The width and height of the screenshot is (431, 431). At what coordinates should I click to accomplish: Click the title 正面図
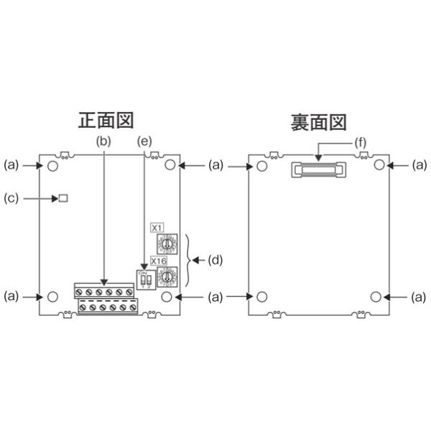[x=106, y=119]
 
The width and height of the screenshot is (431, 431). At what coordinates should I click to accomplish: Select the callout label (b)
[x=105, y=142]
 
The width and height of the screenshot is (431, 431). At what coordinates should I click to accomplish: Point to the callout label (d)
[x=213, y=261]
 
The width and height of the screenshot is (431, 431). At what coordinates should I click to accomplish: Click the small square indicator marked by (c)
[x=63, y=198]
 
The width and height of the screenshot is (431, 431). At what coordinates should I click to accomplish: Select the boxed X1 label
[x=158, y=228]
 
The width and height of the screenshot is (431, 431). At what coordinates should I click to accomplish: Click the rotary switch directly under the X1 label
[x=167, y=244]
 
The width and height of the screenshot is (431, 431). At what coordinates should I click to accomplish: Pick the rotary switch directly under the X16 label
[x=168, y=277]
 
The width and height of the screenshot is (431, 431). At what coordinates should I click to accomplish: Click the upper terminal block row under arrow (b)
[x=104, y=291]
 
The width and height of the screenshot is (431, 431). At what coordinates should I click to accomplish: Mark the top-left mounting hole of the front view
[x=53, y=165]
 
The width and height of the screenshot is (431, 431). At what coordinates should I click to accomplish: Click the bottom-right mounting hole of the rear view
[x=376, y=296]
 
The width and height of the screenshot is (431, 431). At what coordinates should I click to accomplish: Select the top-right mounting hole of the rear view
[x=376, y=165]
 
